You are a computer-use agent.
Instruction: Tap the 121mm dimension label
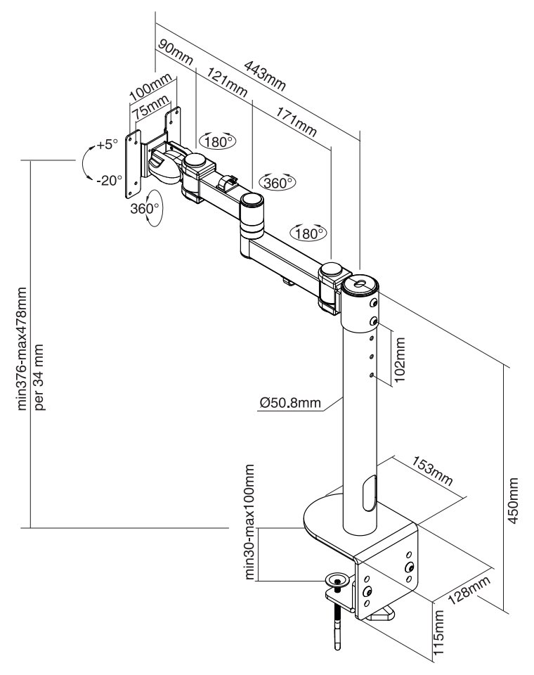[x=228, y=82]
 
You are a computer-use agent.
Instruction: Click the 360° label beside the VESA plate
[x=145, y=209]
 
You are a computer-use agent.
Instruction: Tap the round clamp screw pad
[x=337, y=580]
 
